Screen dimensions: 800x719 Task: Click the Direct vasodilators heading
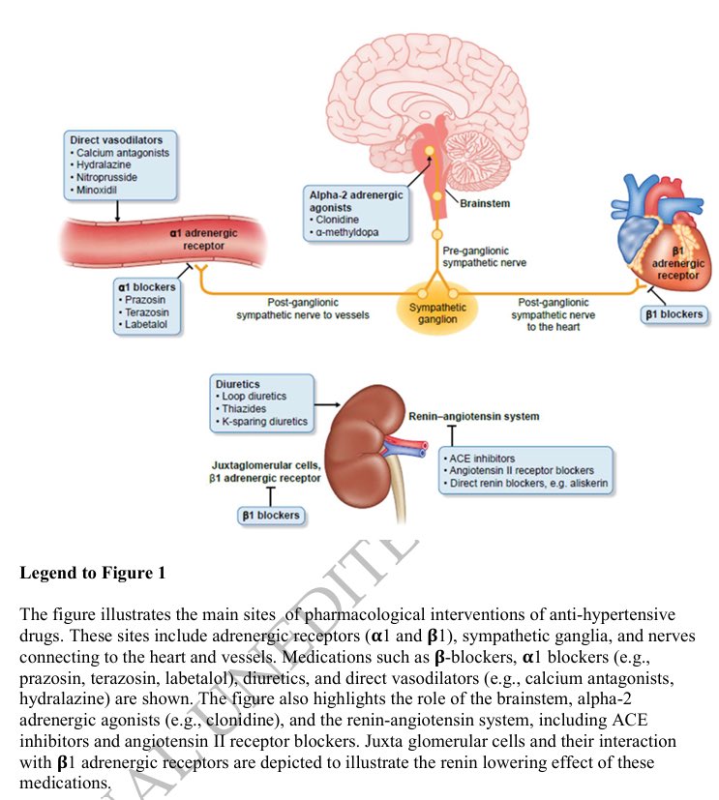116,140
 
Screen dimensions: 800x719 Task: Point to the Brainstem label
485,203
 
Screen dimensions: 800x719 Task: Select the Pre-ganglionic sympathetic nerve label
484,256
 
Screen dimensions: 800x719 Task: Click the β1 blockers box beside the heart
674,314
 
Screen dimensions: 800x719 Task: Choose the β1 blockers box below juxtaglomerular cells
270,516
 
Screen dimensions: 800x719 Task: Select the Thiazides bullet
242,408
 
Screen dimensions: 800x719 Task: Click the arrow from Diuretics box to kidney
329,403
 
